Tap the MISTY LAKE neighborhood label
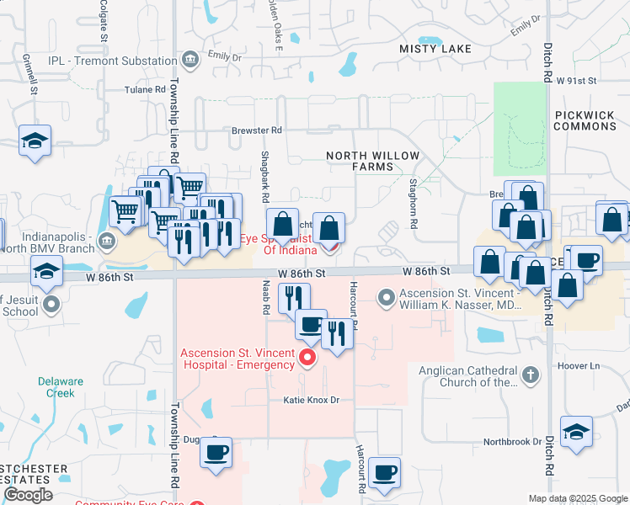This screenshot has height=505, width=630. point(435,50)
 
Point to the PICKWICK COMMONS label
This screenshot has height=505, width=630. point(586,120)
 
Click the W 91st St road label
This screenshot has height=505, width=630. point(575,81)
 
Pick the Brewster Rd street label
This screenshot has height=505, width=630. point(257,130)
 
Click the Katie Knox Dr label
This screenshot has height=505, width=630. point(311,401)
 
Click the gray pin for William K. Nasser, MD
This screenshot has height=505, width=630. point(387,296)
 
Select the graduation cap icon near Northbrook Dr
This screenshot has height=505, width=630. point(576,433)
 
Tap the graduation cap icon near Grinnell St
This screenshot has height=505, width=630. point(35,141)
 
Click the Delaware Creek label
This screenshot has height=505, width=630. point(61,387)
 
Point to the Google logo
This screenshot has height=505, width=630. point(28,495)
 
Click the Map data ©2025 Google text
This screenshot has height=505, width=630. point(577,498)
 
